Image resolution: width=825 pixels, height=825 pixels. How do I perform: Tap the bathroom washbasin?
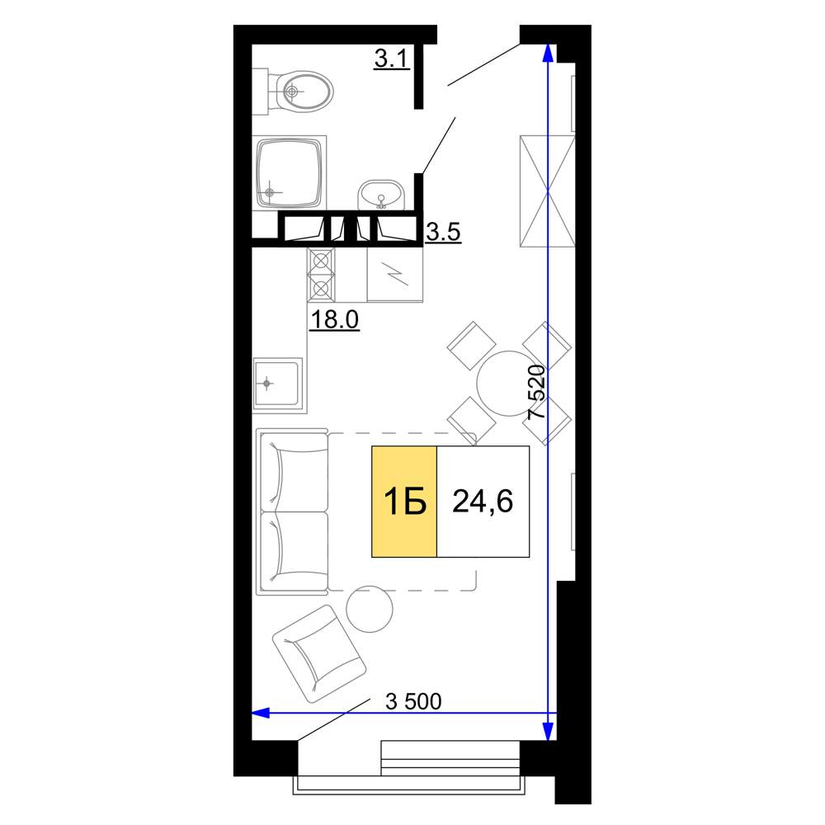381,196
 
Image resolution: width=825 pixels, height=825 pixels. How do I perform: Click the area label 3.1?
392,58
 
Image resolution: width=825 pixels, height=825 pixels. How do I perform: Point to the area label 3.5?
443,232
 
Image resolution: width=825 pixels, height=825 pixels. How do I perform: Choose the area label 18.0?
335,318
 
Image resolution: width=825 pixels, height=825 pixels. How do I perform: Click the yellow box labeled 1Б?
404,502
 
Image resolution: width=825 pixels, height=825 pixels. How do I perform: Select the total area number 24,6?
483,501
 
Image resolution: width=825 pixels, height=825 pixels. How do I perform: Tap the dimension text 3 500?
413,701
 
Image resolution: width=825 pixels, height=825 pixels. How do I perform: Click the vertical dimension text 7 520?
537,391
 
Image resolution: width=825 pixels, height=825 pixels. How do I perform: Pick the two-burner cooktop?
321,274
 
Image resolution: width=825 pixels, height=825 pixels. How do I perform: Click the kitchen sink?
278,384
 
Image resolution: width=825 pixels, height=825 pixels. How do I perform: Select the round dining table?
509,384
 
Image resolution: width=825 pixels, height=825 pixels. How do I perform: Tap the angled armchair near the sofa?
319,654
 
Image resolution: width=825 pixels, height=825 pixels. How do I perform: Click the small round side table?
370,609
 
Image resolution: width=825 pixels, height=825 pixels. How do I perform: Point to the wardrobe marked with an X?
547,191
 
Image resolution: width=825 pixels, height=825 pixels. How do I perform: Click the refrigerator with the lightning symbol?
395,274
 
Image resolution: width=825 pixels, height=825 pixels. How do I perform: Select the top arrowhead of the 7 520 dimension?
548,53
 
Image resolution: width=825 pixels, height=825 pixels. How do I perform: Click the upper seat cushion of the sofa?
295,471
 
